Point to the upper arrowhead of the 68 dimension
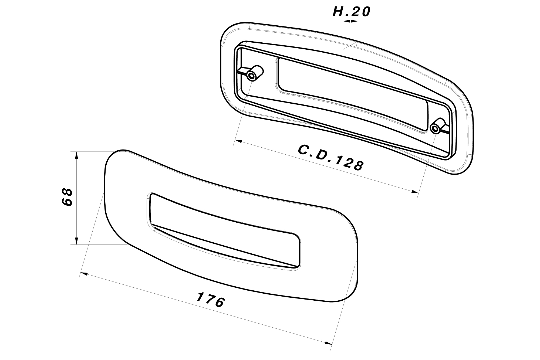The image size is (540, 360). tap(77, 155)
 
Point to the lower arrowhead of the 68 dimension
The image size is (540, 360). tap(77, 241)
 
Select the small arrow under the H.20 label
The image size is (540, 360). tap(350, 21)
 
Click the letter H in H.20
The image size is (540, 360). tap(337, 12)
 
